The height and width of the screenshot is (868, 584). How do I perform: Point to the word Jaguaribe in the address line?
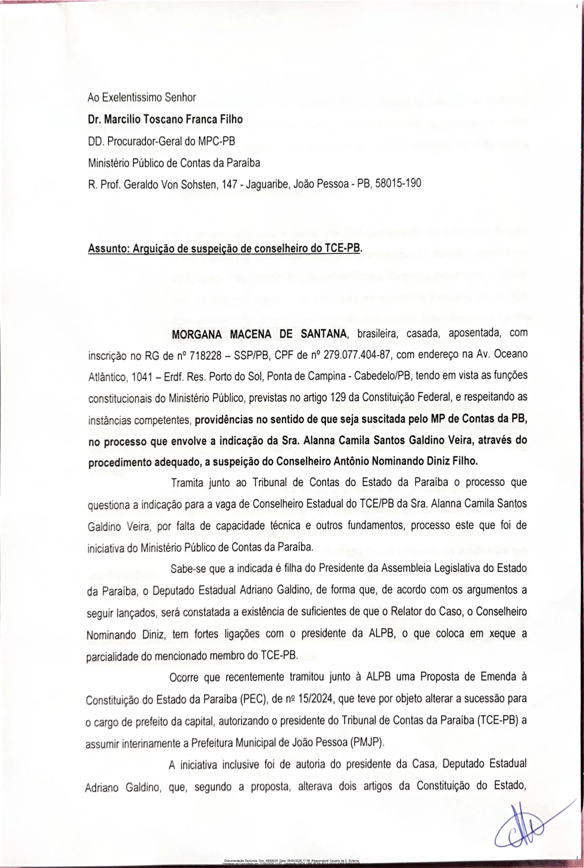pyautogui.click(x=266, y=184)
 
